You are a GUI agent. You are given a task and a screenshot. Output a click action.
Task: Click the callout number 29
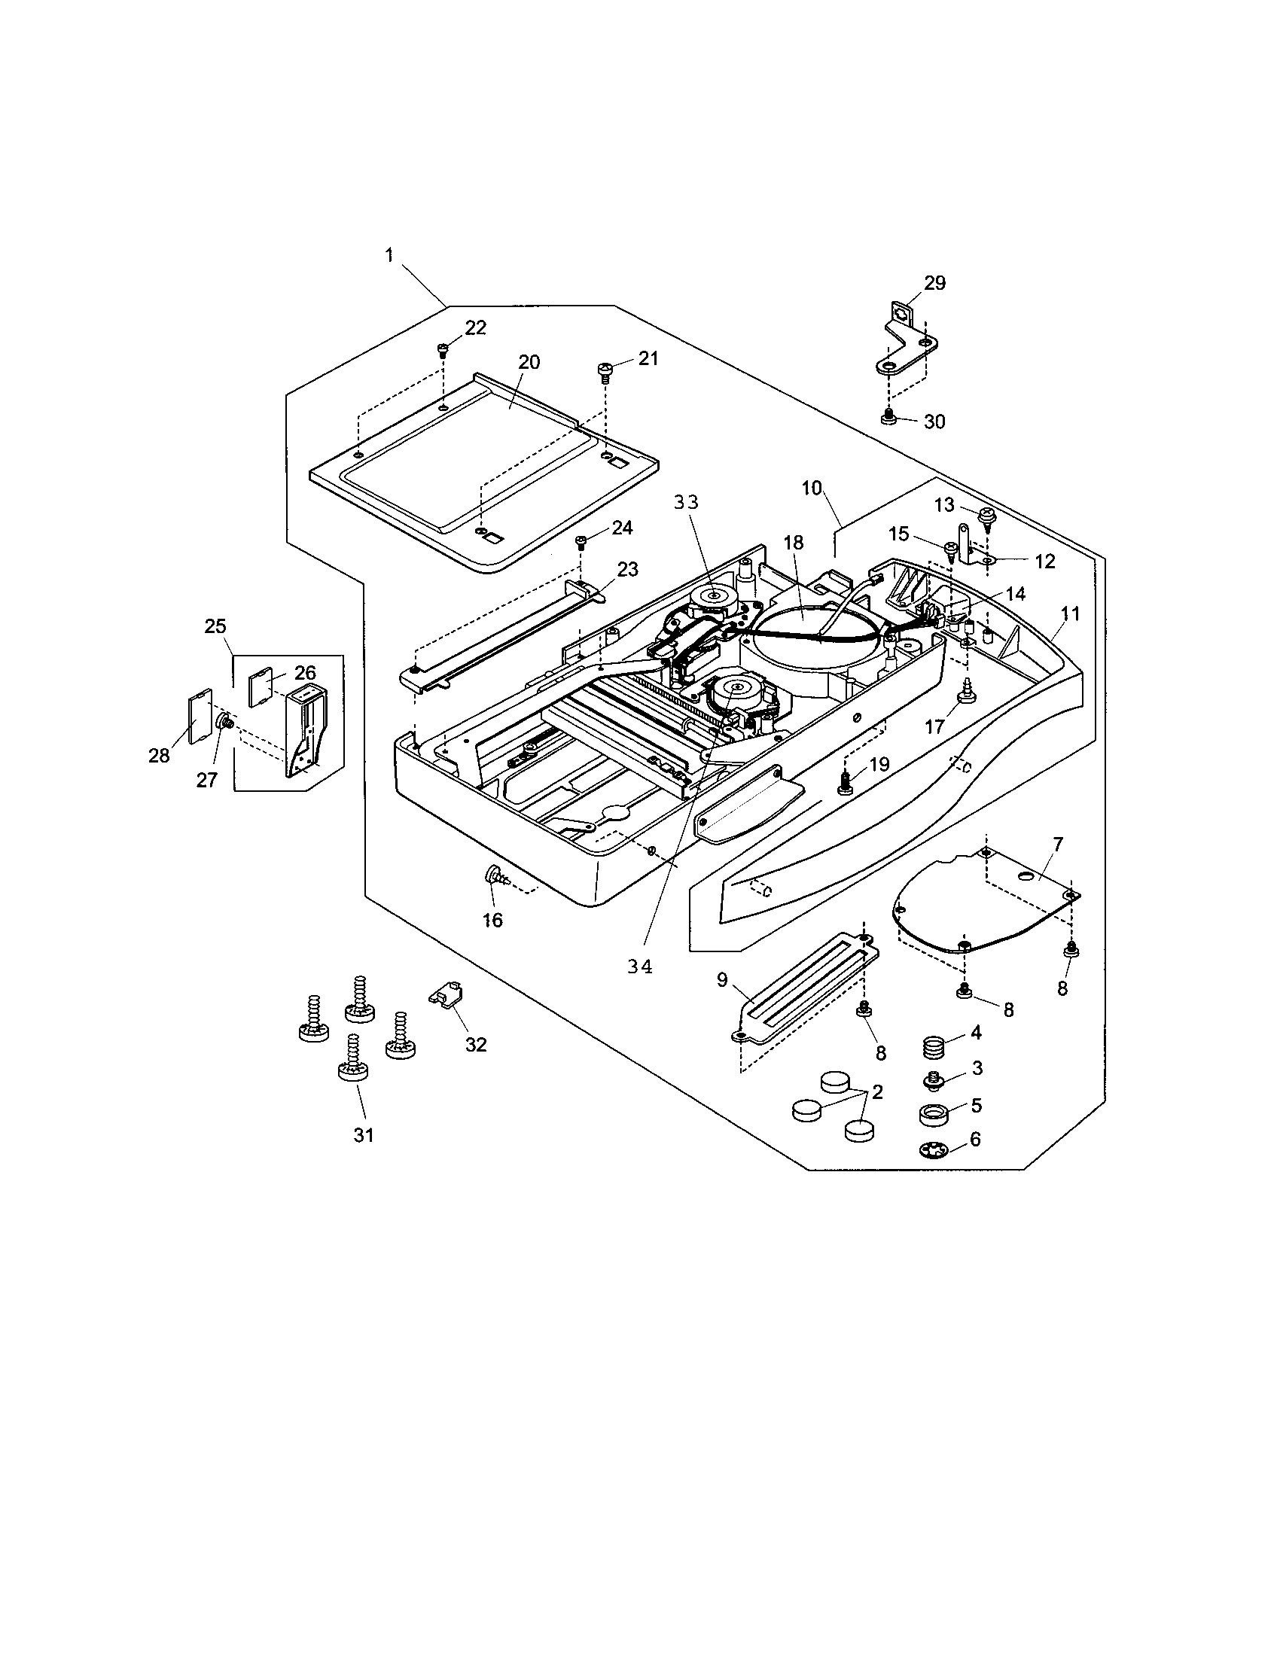pyautogui.click(x=934, y=283)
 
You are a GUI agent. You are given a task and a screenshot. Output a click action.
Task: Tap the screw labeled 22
pyautogui.click(x=443, y=349)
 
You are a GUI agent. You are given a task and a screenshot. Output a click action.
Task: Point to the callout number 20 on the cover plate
pyautogui.click(x=529, y=361)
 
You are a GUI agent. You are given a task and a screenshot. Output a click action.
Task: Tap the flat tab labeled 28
pyautogui.click(x=199, y=714)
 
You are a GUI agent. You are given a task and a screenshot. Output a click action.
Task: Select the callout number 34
pyautogui.click(x=640, y=968)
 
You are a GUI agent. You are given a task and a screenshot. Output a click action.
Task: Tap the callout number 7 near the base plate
pyautogui.click(x=1057, y=844)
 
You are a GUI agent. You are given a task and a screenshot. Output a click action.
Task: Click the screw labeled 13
pyautogui.click(x=986, y=516)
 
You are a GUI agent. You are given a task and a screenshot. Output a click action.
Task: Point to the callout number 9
pyautogui.click(x=721, y=980)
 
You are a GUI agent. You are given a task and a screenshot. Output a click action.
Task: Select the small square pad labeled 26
pyautogui.click(x=262, y=688)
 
